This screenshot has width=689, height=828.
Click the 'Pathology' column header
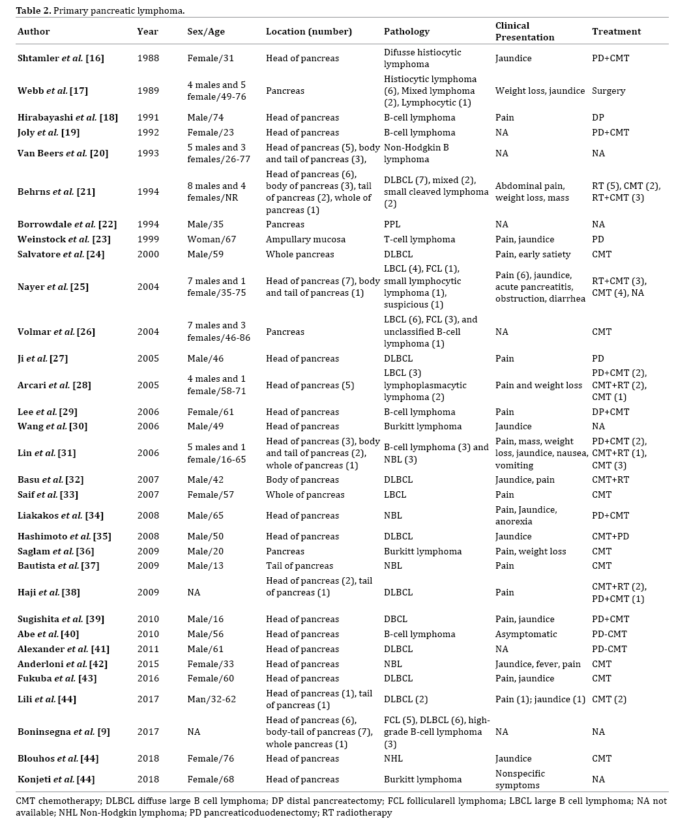pos(406,31)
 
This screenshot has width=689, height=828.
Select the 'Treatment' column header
pos(616,31)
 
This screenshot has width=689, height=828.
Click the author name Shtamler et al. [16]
pos(61,58)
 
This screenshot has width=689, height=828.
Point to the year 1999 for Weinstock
pos(148,239)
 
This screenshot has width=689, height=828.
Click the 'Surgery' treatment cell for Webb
pos(609,91)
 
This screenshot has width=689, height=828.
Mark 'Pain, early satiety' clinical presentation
pos(533,254)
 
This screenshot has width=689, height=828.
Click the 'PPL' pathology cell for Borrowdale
pos(394,224)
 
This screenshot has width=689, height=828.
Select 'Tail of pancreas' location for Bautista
pos(299,565)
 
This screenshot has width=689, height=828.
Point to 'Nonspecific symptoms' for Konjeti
pos(520,779)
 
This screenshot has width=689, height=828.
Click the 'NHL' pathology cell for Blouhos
pos(393,758)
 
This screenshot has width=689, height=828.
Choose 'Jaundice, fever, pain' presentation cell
pos(538,664)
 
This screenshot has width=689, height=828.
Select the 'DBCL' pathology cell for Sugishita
pos(396,619)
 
